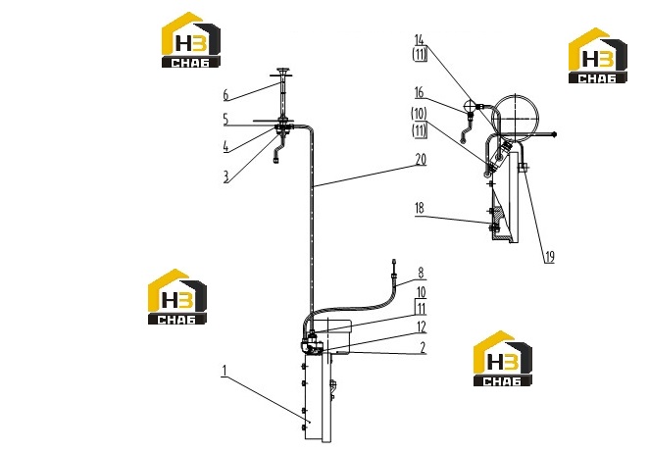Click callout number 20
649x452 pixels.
(421, 160)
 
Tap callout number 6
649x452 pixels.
(225, 95)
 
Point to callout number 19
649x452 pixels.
(549, 257)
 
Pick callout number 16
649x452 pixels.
(420, 93)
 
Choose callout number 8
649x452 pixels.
(421, 273)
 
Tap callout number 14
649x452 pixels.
(420, 40)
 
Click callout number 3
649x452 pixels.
(225, 177)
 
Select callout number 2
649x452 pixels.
(423, 347)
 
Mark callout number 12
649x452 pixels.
(422, 327)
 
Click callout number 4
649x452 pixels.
(225, 146)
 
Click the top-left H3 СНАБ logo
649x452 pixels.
(191, 39)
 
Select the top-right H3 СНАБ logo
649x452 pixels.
(598, 56)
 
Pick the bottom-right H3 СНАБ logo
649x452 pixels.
(503, 359)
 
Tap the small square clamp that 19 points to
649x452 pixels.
(523, 168)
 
